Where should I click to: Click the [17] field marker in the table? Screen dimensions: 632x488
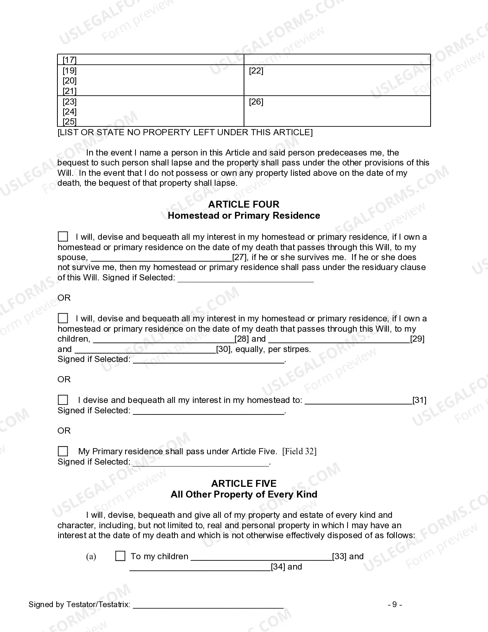(70, 60)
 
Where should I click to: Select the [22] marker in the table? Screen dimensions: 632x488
(256, 70)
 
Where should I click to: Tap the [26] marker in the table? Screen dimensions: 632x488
(256, 102)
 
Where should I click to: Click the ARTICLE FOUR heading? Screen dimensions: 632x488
(244, 204)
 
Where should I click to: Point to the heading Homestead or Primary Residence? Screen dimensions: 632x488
(244, 215)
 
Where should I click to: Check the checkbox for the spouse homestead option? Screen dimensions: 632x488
(63, 236)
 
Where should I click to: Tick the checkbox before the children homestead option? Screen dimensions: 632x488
(63, 318)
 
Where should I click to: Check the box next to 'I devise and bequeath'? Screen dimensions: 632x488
(63, 400)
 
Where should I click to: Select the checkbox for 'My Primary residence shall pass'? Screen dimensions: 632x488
(63, 451)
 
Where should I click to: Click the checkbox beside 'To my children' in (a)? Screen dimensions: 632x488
(120, 556)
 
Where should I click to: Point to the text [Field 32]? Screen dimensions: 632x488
(299, 451)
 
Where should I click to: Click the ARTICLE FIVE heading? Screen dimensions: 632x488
(244, 483)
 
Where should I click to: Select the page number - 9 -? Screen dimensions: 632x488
(395, 604)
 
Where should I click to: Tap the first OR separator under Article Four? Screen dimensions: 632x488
(64, 298)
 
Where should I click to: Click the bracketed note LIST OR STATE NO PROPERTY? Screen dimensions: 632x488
(185, 132)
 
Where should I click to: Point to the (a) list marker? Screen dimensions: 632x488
(91, 556)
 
